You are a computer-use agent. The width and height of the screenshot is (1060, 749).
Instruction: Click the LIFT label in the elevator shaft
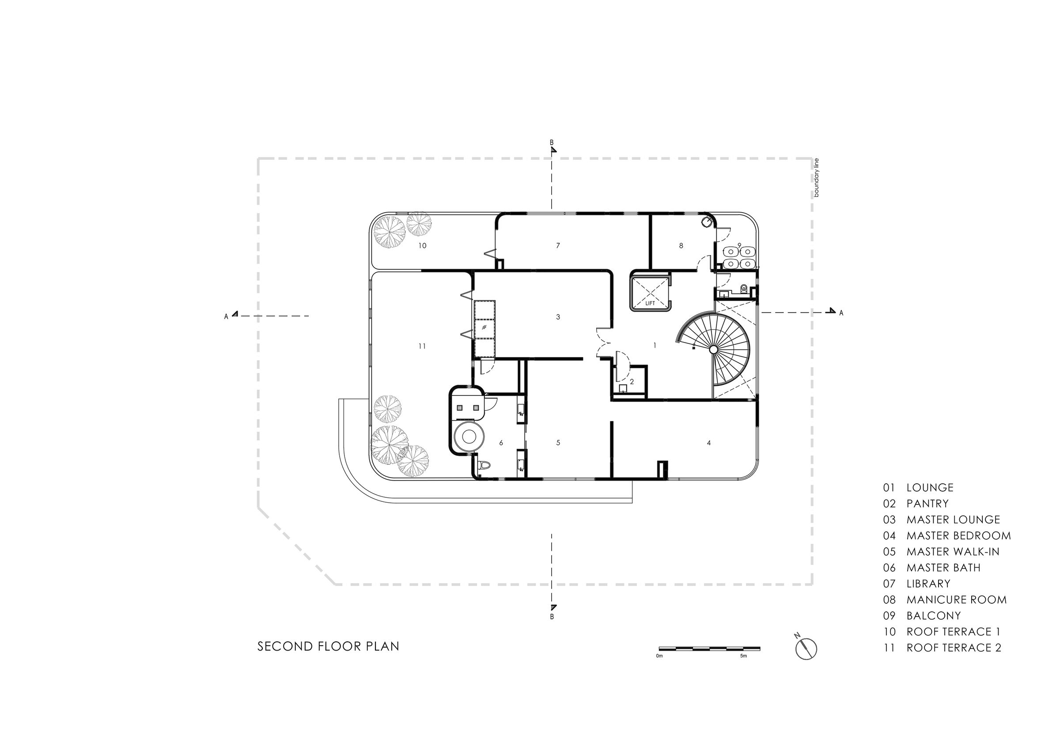(x=650, y=303)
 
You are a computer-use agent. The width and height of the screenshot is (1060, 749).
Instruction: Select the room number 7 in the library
(x=558, y=245)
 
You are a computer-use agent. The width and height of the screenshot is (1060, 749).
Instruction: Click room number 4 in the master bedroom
(x=709, y=443)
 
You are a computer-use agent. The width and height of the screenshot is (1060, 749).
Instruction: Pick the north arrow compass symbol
(x=806, y=648)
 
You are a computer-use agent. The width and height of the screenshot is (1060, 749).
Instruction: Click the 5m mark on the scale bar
(x=743, y=656)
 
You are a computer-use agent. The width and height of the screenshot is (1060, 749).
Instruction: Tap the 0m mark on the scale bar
(x=659, y=656)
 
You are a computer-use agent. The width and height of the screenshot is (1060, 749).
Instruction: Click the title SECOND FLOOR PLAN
(x=328, y=647)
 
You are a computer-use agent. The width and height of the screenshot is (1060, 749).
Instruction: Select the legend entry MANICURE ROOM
(x=956, y=599)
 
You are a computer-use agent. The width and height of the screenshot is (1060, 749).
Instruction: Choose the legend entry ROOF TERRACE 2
(x=954, y=647)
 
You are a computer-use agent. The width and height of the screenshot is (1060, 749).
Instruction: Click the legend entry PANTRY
(x=927, y=504)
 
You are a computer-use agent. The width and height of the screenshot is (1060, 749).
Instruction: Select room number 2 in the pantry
(x=632, y=382)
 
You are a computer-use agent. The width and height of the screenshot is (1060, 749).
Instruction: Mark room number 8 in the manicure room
(x=681, y=245)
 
